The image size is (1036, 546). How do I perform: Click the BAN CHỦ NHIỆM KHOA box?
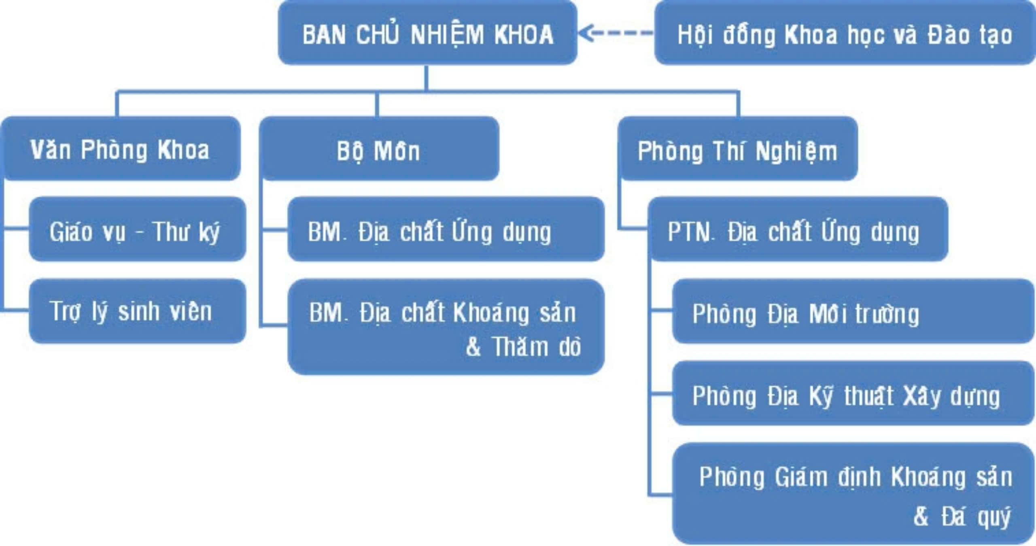coord(427,32)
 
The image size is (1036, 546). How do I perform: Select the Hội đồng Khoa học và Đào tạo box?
coord(845,32)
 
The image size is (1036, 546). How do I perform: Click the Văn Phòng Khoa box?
coord(121,149)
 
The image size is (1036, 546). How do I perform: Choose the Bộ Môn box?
coord(379,149)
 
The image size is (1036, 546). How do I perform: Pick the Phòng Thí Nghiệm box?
coord(738,149)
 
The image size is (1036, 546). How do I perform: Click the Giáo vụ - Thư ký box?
coord(138,229)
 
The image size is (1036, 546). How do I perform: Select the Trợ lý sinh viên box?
coord(138,311)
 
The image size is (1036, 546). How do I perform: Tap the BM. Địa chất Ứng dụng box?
coord(446,229)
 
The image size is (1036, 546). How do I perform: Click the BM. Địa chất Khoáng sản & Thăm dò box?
coord(446,327)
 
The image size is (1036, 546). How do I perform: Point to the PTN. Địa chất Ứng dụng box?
coord(798,229)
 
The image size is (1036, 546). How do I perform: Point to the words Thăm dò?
coord(537,346)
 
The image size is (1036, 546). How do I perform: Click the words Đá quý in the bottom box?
coord(976,516)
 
